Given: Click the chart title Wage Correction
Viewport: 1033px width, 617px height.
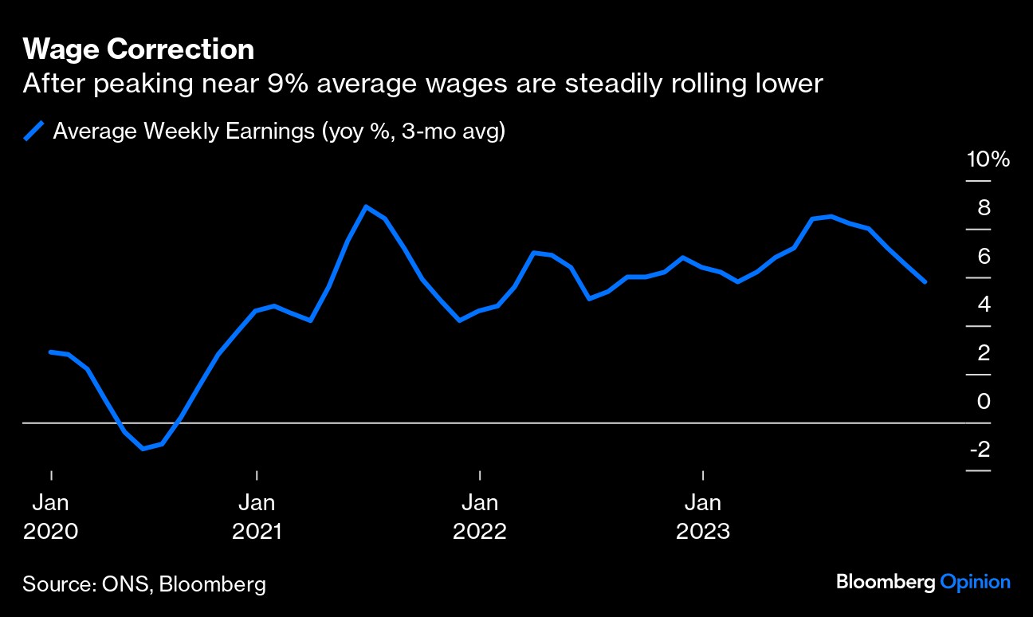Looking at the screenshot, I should pyautogui.click(x=139, y=50).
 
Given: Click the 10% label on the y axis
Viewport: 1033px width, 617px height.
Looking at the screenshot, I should pyautogui.click(x=988, y=159).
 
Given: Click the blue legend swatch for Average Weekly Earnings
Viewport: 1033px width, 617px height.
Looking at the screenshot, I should pyautogui.click(x=33, y=132).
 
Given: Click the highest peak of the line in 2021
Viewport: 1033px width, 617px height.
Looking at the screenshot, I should pyautogui.click(x=365, y=207).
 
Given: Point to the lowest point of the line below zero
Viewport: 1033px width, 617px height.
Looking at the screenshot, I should pyautogui.click(x=143, y=449).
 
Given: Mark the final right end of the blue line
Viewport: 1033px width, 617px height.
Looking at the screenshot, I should pyautogui.click(x=925, y=281).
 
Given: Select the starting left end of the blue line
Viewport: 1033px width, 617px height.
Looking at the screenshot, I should pyautogui.click(x=51, y=352).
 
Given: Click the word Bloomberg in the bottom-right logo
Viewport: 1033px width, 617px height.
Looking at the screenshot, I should pyautogui.click(x=885, y=582).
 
